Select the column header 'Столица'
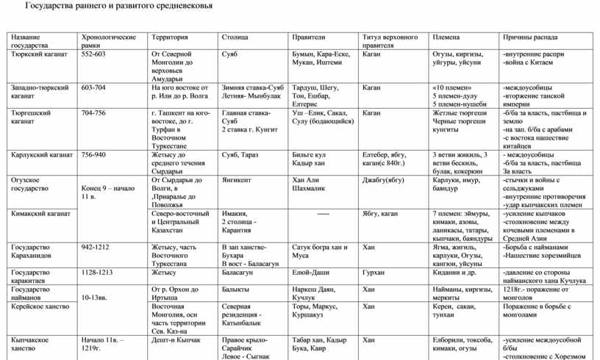(235, 37)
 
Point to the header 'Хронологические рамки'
(108, 40)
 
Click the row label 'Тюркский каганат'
(39, 54)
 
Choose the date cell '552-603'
(93, 54)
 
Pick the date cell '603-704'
(93, 87)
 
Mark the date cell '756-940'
(93, 155)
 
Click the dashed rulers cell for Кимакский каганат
(323, 214)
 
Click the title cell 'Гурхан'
(374, 273)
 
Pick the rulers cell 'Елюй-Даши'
(310, 273)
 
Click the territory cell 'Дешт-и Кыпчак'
(176, 340)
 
